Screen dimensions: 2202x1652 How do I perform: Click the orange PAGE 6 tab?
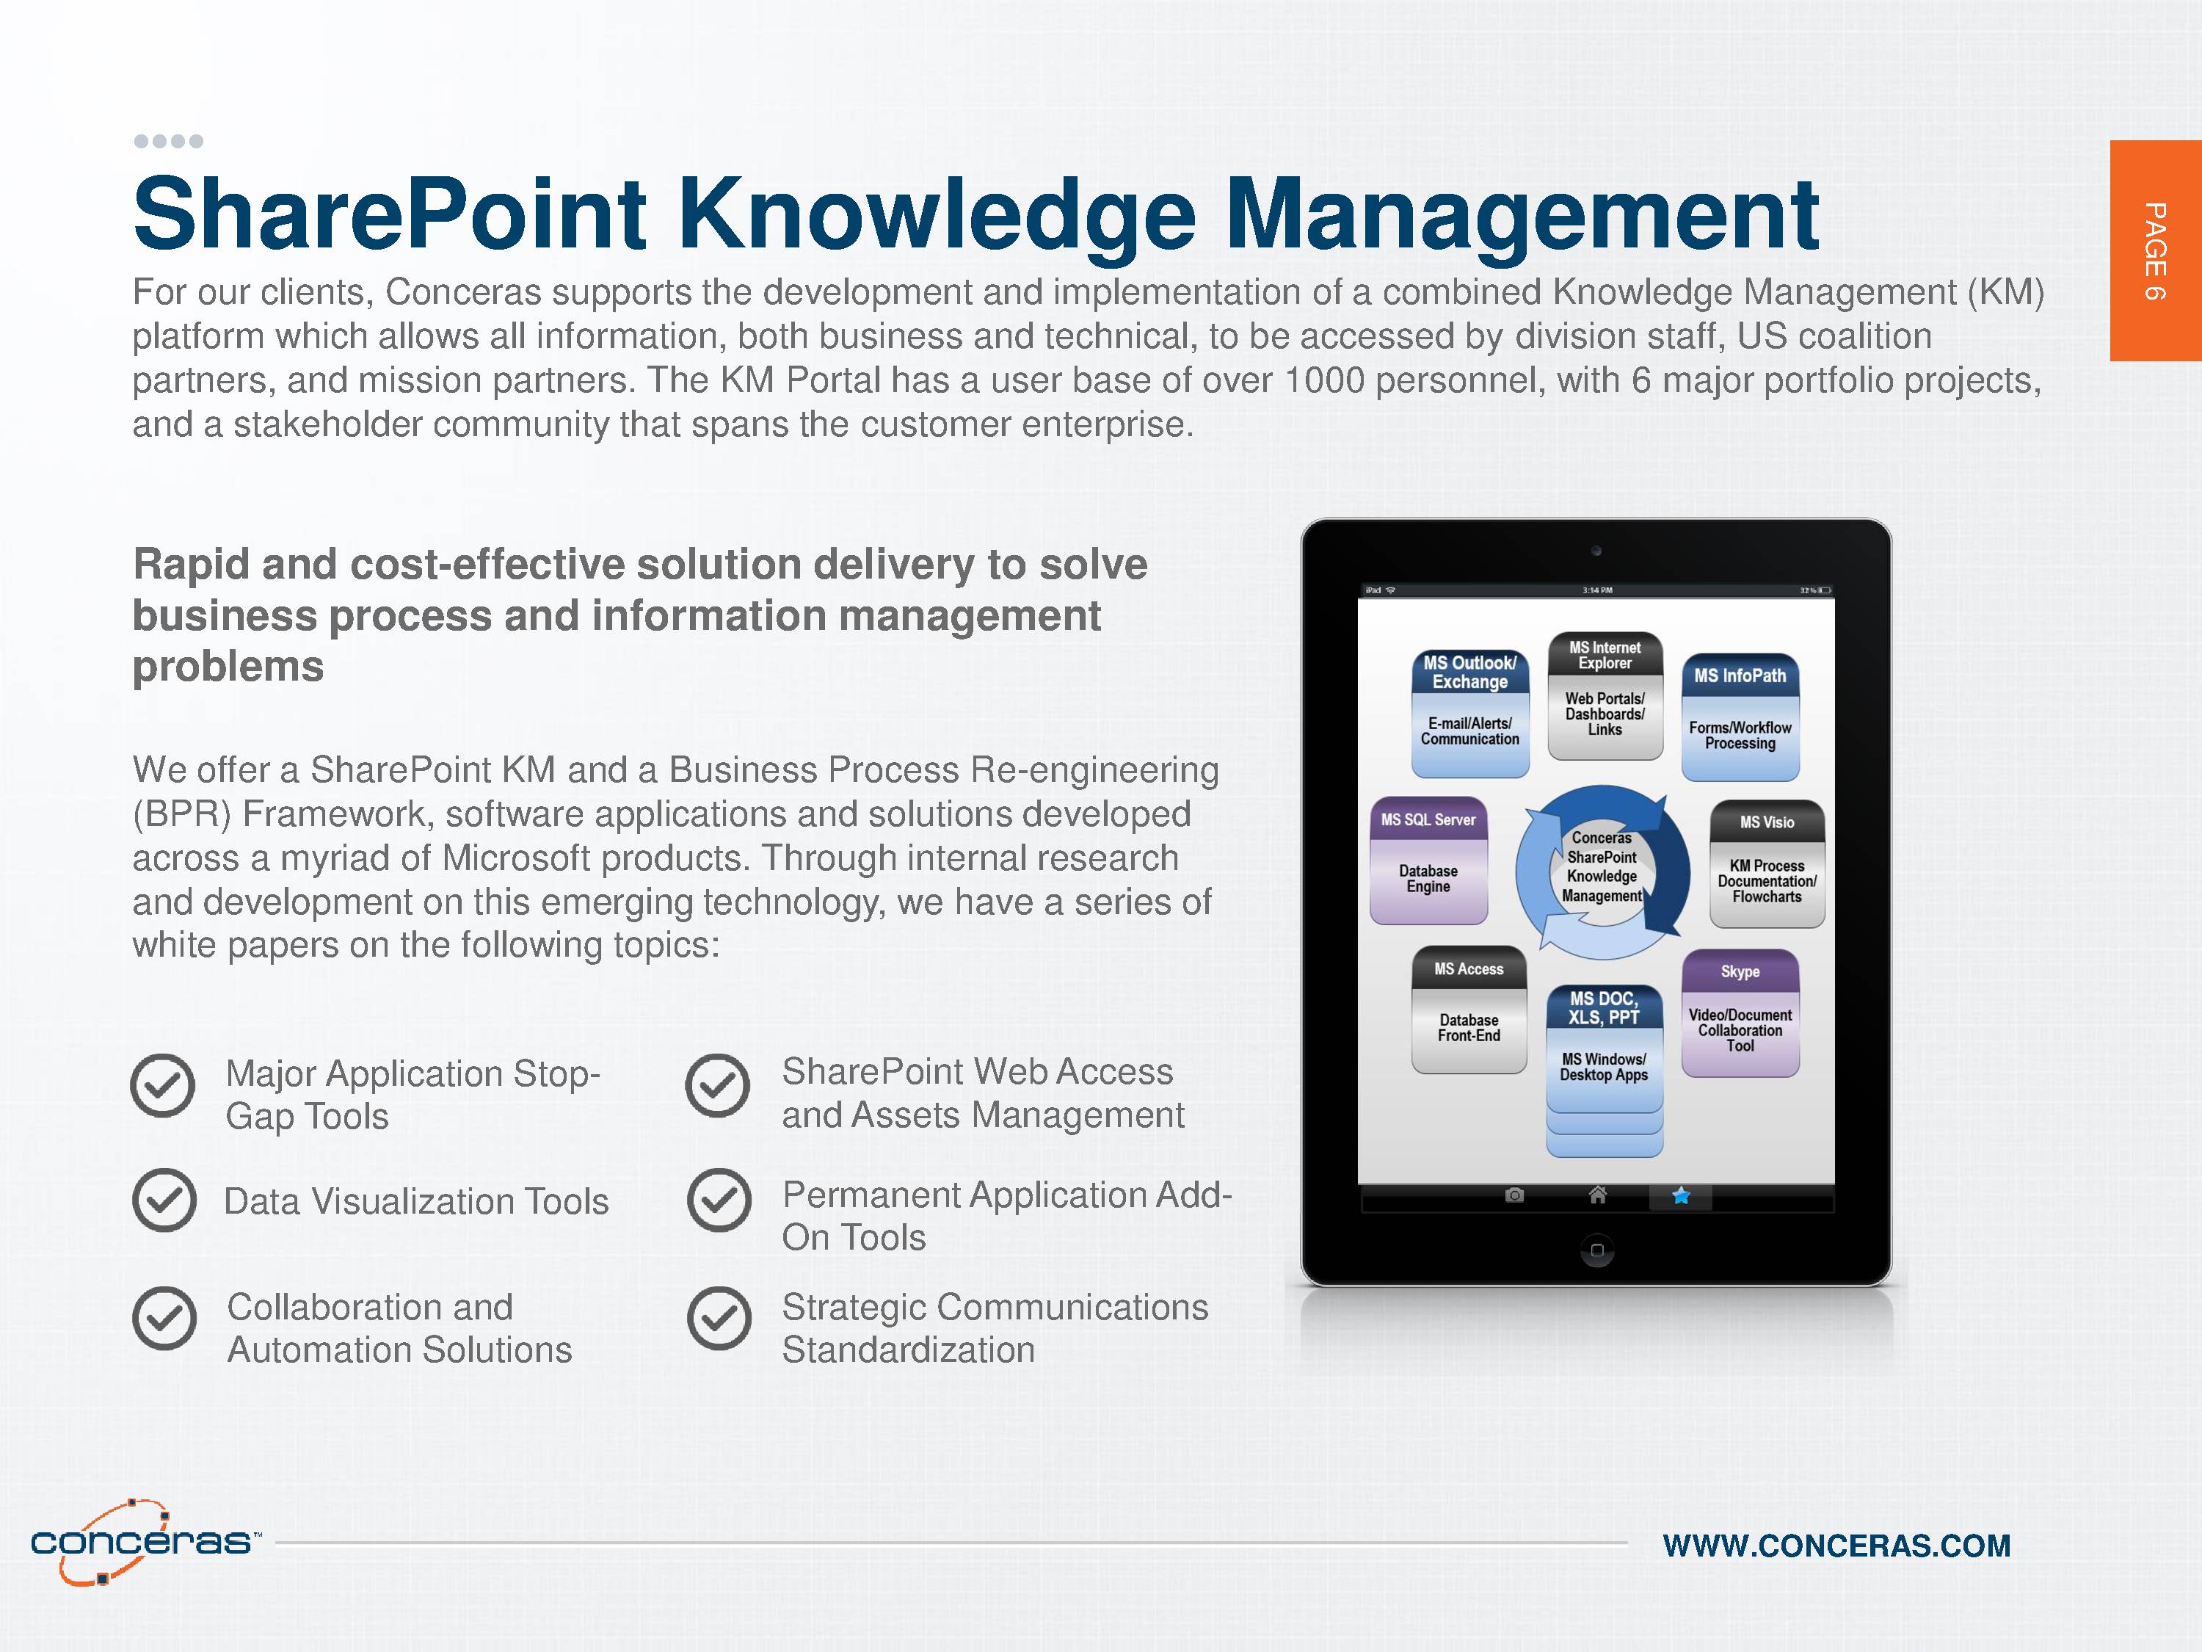(x=2155, y=250)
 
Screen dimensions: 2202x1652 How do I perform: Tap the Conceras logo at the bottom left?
(x=145, y=1541)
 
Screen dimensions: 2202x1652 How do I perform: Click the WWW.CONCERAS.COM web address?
(x=1836, y=1546)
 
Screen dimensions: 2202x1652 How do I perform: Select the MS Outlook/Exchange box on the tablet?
(x=1470, y=714)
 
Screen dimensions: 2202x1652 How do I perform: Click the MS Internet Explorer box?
(x=1605, y=696)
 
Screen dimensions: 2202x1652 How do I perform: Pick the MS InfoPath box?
(x=1740, y=717)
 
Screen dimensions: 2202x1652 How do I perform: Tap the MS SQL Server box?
(x=1428, y=861)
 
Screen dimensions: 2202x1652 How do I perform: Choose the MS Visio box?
(x=1767, y=864)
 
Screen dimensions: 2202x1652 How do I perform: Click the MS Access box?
(x=1468, y=1010)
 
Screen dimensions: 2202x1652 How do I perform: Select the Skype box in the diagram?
(x=1740, y=1012)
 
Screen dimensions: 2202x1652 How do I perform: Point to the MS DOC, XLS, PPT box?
(x=1604, y=1070)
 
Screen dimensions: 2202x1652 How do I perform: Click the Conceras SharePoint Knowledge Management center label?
(x=1602, y=867)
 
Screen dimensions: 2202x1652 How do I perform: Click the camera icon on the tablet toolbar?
(x=1514, y=1195)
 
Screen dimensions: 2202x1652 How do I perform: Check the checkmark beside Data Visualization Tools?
(x=164, y=1200)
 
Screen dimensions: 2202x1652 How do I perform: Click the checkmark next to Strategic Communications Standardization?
(x=719, y=1319)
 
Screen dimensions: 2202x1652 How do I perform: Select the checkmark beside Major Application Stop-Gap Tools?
(x=162, y=1085)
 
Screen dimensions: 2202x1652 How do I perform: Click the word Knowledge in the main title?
(x=938, y=214)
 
